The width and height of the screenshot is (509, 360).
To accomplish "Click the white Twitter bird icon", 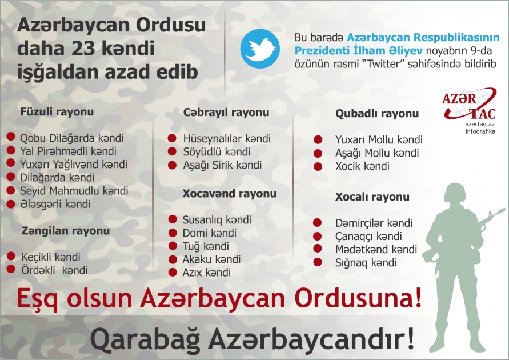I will (259, 49).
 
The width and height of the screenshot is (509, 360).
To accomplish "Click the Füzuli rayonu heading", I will (57, 112).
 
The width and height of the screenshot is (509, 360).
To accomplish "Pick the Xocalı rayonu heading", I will (372, 197).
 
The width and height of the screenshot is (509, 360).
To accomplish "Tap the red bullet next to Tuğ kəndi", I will (172, 246).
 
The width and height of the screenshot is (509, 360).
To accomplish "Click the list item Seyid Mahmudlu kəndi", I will (74, 190).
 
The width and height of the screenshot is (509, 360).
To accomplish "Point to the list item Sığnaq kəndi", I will (366, 263).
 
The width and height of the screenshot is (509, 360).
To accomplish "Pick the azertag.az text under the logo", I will (479, 124).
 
